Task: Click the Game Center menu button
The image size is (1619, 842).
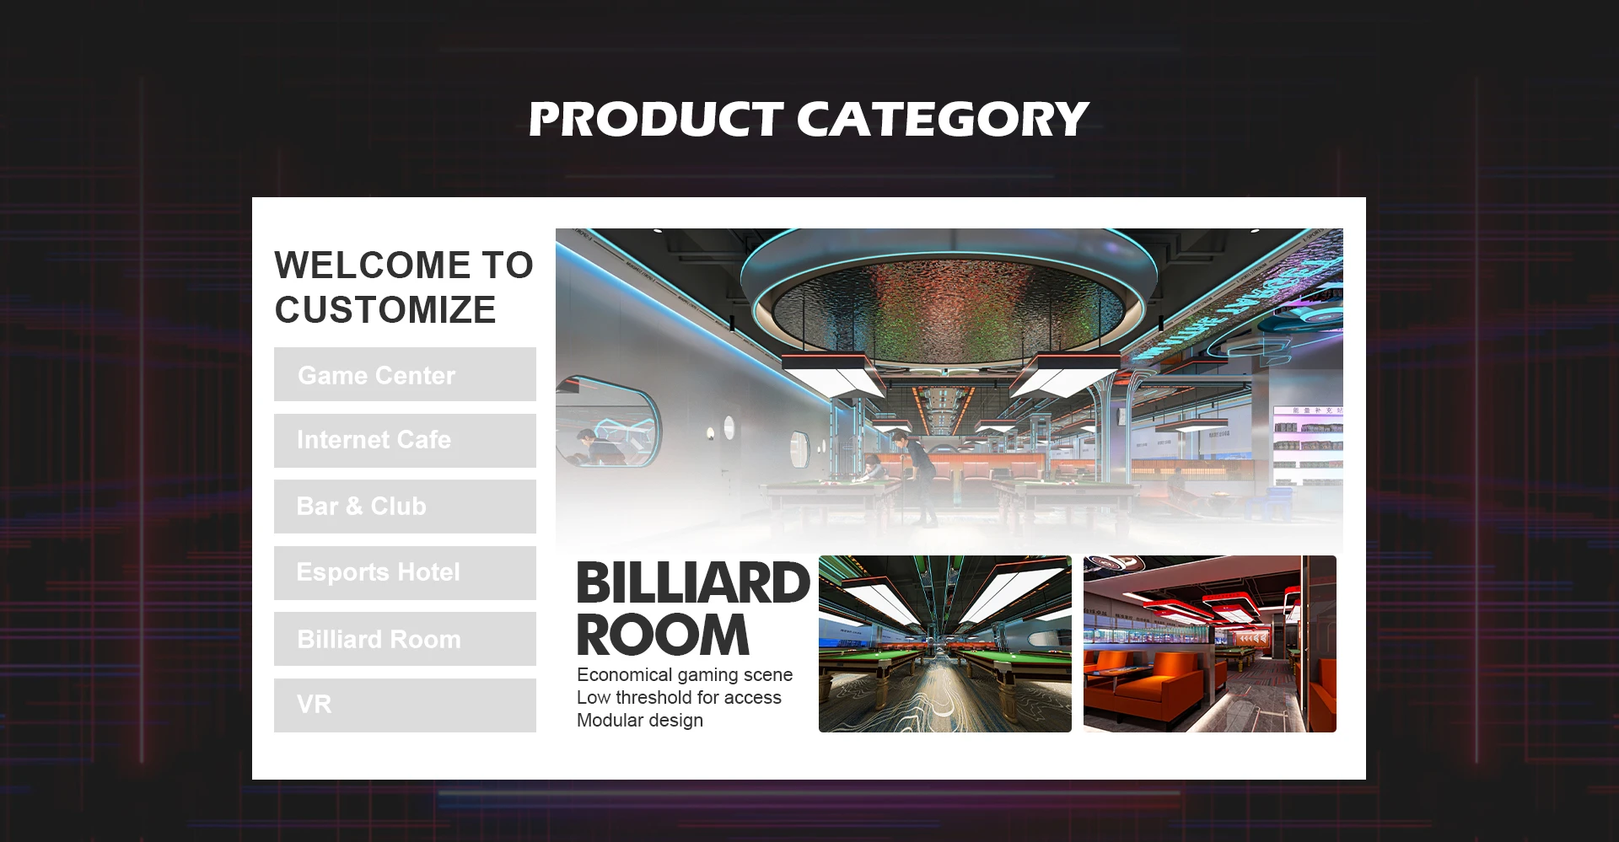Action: [405, 374]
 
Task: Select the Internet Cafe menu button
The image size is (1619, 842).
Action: [405, 440]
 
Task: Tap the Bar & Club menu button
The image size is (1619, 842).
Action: [405, 507]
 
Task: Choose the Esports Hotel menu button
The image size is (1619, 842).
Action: [405, 573]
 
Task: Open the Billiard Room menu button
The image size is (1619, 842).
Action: [405, 639]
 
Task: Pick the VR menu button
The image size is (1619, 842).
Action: [405, 705]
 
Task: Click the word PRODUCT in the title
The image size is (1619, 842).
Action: [657, 119]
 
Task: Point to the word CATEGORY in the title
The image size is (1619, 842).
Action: [944, 119]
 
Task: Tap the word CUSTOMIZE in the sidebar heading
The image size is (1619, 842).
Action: [385, 310]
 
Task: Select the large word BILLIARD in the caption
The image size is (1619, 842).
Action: [693, 583]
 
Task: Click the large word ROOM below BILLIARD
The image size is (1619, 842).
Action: [663, 635]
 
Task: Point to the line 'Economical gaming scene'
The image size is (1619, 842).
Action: [685, 675]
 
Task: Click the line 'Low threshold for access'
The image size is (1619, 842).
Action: [679, 698]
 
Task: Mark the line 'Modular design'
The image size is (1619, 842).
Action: [640, 721]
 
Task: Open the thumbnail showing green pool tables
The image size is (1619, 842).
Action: [945, 644]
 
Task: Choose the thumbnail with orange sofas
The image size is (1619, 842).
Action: [1210, 644]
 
